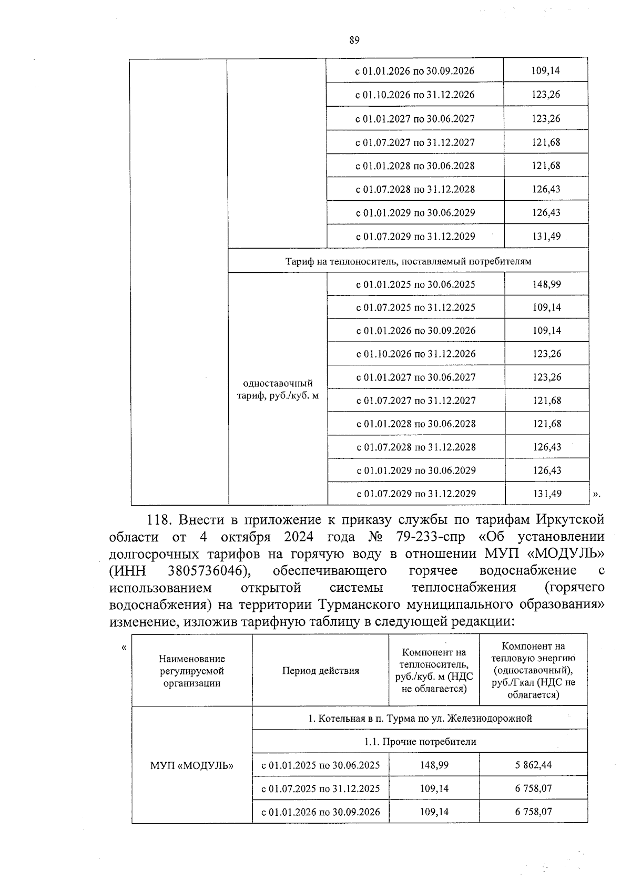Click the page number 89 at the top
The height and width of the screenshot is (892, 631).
354,41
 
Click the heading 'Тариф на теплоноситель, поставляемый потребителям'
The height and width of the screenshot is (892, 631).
408,261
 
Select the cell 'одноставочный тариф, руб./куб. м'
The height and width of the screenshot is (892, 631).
278,389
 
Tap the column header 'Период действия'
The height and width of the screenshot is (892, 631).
320,671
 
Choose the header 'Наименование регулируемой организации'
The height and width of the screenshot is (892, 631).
192,671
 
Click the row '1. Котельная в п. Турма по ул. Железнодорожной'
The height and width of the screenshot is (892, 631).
420,718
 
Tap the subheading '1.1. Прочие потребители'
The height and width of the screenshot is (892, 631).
420,742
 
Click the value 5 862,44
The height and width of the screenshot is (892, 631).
533,765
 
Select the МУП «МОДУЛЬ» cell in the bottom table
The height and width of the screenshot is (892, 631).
192,765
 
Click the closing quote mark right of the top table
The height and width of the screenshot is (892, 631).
596,494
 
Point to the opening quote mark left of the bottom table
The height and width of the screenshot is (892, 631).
124,647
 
